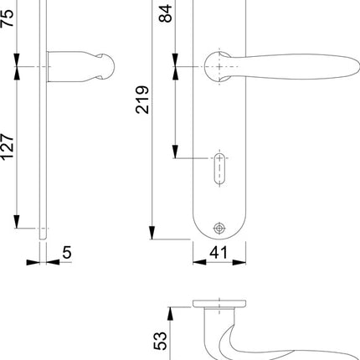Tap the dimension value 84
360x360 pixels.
click(x=164, y=14)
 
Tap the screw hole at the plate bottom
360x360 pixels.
click(x=219, y=228)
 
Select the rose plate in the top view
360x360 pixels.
click(x=219, y=303)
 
